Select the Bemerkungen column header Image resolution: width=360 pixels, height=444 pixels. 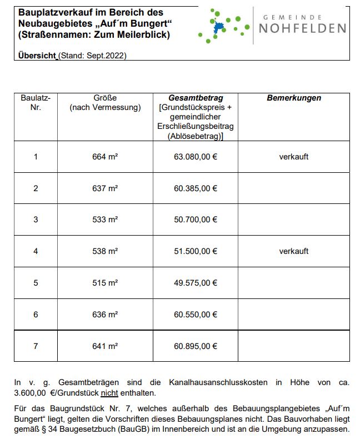pos(293,98)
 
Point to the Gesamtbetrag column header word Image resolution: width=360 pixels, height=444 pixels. pos(196,98)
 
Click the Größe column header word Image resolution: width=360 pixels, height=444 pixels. pos(105,98)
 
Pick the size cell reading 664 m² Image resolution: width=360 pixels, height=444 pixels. pos(105,157)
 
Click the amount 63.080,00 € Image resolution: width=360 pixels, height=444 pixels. pos(196,157)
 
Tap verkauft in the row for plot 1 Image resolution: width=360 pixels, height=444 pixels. pos(293,157)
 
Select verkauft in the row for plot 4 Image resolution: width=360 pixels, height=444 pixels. pos(293,251)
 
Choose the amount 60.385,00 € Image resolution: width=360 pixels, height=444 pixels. pos(196,188)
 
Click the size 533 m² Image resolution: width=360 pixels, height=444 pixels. pos(105,219)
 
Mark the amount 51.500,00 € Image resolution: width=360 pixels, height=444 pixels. pos(196,251)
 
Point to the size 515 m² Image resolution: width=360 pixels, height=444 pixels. pos(105,283)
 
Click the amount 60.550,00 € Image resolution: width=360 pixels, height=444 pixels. pos(196,315)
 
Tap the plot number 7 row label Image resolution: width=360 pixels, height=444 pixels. pos(36,346)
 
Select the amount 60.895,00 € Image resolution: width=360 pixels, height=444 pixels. pos(196,346)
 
